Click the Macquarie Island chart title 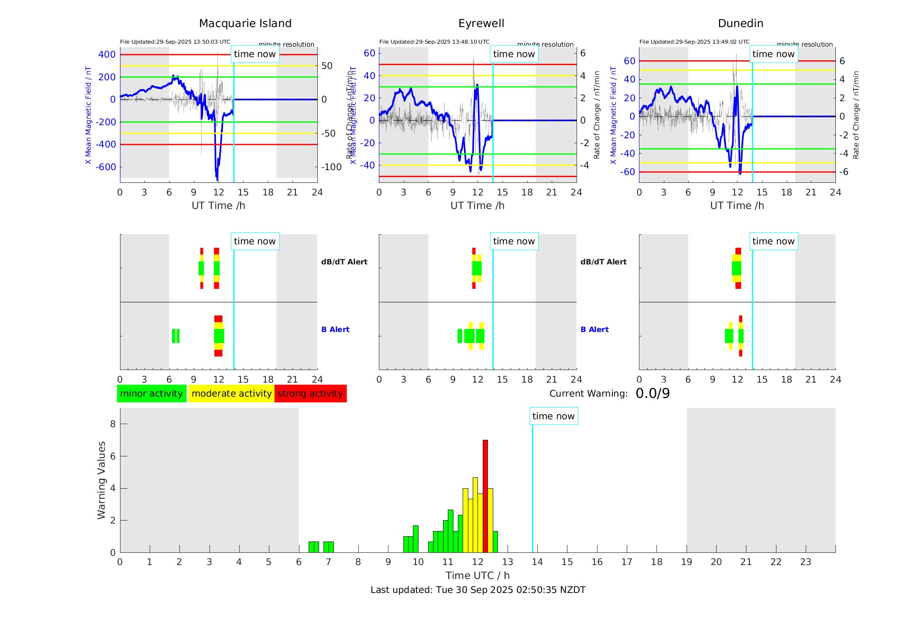245,24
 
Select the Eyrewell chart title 481,24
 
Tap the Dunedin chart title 740,24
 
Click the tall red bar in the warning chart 485,496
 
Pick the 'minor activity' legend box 151,394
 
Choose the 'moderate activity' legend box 231,394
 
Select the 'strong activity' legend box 310,394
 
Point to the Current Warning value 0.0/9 653,394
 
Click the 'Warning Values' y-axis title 102,480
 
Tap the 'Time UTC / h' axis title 477,576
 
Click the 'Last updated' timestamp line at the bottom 478,590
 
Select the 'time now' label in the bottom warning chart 553,416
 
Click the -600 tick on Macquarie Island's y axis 106,167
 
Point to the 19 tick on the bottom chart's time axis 687,562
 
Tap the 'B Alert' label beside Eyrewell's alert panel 594,329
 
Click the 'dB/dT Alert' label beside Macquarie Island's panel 344,262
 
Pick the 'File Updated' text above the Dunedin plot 694,42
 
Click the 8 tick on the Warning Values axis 113,424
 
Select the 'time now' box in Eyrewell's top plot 514,54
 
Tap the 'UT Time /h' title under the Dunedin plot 737,206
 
